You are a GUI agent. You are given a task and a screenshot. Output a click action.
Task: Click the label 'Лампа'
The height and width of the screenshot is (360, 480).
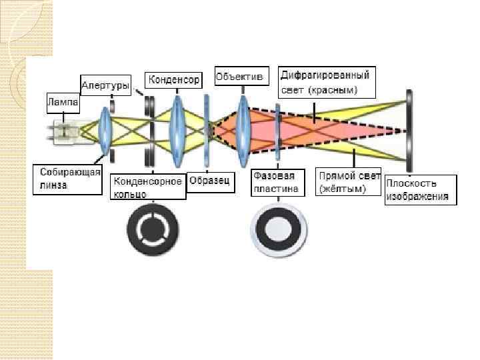point(63,104)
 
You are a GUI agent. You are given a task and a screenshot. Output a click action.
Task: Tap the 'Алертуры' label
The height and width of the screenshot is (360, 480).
point(105,85)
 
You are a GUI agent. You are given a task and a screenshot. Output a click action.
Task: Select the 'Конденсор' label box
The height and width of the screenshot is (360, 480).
point(173,80)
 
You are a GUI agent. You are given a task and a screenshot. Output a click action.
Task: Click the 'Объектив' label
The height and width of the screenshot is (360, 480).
point(240,77)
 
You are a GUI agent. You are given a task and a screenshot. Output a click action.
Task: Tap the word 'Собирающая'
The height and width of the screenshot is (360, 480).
point(67,173)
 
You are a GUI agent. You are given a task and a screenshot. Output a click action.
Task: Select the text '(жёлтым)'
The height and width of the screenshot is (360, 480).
point(340,190)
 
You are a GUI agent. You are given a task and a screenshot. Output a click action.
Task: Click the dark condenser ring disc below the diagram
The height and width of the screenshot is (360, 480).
point(154,231)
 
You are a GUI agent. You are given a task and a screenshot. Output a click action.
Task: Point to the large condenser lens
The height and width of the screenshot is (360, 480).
point(177,127)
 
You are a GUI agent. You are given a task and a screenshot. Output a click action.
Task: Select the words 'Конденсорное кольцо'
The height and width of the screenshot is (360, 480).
point(147,187)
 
